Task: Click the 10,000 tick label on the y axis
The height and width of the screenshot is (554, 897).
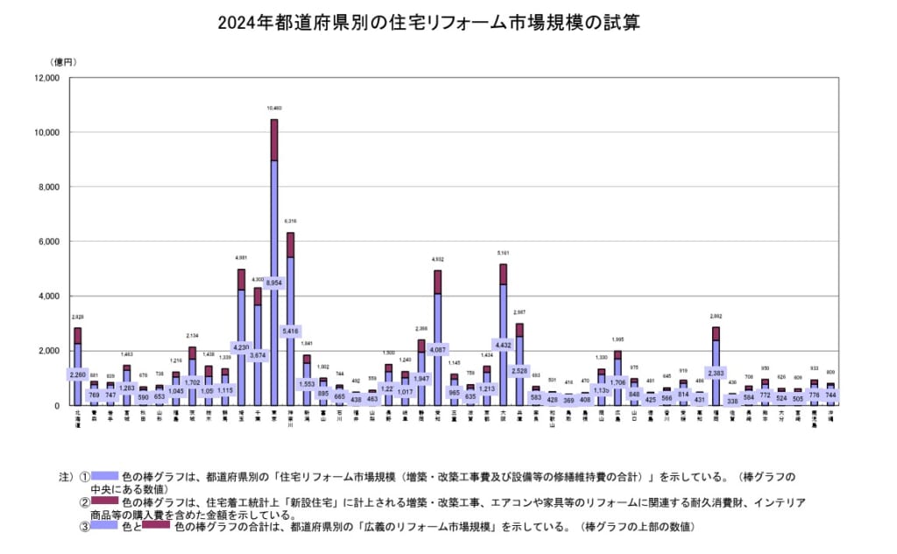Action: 45,132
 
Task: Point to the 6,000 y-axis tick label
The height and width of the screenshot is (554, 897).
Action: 47,242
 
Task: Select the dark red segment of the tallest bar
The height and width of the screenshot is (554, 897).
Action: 274,140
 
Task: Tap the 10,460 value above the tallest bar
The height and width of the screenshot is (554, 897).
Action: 274,110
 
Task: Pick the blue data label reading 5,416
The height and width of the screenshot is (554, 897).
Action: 292,332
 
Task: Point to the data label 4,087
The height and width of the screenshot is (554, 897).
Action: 437,350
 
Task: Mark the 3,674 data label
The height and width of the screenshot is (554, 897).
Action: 258,355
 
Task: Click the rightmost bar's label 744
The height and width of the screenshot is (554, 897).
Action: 831,396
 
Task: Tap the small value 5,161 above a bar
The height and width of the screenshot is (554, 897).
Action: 503,254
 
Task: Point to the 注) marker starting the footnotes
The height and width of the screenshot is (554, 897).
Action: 67,478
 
